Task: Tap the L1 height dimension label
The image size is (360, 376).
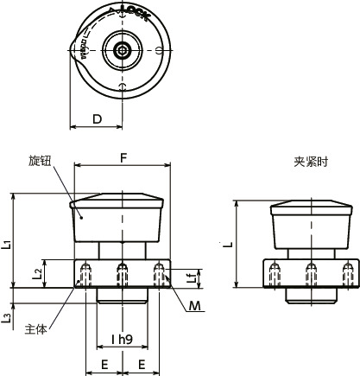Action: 7,243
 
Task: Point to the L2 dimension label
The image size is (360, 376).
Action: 36,273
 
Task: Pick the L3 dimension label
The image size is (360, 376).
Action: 7,318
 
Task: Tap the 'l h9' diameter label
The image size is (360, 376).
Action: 122,340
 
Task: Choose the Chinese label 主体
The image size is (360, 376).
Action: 36,328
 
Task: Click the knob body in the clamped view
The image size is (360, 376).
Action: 311,232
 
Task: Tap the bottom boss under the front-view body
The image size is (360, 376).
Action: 122,296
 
